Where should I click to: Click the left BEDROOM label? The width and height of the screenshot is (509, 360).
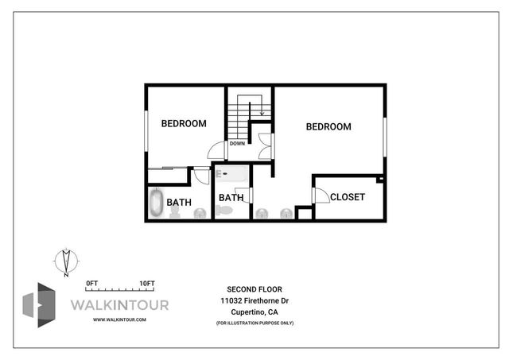tap(184, 124)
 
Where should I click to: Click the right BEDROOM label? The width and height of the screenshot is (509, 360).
tap(328, 127)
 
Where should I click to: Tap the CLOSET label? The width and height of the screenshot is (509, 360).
tap(347, 197)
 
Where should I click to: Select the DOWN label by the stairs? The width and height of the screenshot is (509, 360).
tap(237, 144)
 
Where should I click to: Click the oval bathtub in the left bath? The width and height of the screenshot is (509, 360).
tap(157, 203)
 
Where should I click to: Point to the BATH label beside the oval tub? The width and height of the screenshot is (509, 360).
tap(179, 203)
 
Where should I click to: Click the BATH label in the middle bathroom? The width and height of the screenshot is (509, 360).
tap(231, 198)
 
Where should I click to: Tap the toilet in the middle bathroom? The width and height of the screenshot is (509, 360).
tap(224, 211)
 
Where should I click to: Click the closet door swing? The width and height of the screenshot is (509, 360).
tap(322, 194)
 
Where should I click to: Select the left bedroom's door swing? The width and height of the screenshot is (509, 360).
tap(216, 151)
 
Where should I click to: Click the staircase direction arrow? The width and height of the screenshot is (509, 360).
tap(262, 112)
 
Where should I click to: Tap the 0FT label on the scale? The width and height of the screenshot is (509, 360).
tap(91, 282)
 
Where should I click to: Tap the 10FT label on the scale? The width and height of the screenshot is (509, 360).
tap(146, 282)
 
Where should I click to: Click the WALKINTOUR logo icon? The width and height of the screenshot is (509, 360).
tap(39, 304)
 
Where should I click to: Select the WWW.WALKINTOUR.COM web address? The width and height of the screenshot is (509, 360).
tap(119, 319)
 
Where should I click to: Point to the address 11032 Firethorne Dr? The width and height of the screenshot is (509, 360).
tap(254, 301)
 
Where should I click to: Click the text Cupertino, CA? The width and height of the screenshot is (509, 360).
tap(254, 313)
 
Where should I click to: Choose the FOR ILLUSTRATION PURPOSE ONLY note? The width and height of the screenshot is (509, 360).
tap(254, 323)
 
